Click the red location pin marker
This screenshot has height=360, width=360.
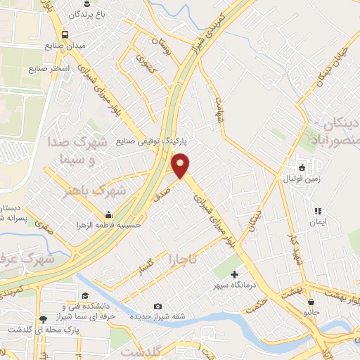click(x=181, y=165)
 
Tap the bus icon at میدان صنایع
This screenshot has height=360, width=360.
click(x=65, y=34)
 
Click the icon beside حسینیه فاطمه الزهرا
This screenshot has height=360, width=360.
click(x=108, y=215)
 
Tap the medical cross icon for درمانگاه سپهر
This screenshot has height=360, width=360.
click(x=234, y=274)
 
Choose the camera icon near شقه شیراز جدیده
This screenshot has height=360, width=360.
click(x=157, y=306)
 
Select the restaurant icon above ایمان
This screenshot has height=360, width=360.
click(x=318, y=210)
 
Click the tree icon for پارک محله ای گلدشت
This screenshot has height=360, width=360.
click(x=44, y=319)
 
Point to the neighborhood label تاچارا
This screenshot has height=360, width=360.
click(x=181, y=262)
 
